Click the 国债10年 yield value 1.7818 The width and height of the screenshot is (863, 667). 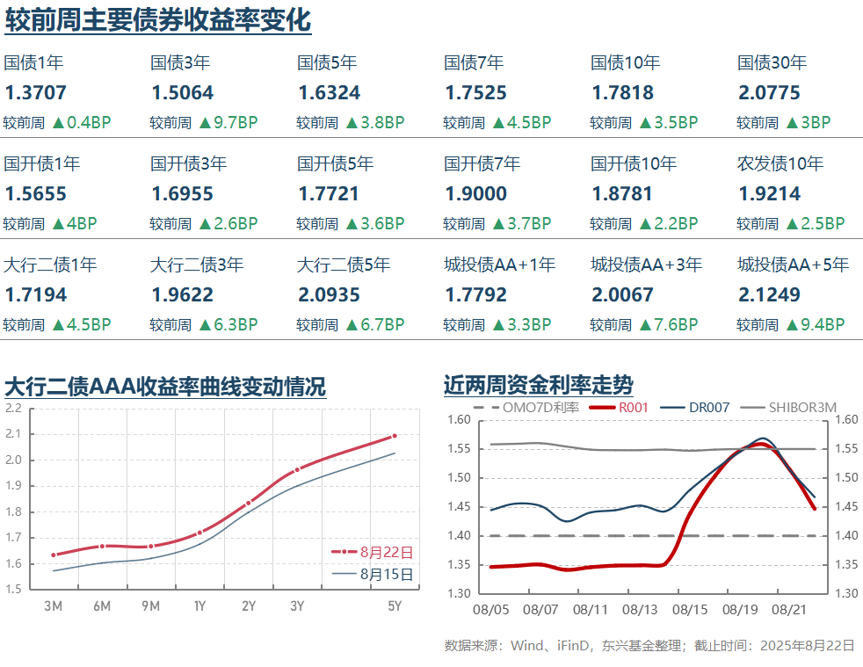623,93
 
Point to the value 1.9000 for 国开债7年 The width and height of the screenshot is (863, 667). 476,194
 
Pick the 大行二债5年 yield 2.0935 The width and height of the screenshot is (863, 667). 330,295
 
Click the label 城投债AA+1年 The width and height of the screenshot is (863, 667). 499,265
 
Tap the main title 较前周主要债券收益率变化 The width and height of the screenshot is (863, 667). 157,19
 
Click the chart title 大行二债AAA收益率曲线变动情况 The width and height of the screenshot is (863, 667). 165,387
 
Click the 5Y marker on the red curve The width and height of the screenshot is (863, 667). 395,436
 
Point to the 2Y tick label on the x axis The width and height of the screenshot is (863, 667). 249,605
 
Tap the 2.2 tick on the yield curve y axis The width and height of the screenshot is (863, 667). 13,408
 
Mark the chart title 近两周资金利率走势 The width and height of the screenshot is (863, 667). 538,385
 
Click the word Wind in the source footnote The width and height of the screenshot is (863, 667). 527,645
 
